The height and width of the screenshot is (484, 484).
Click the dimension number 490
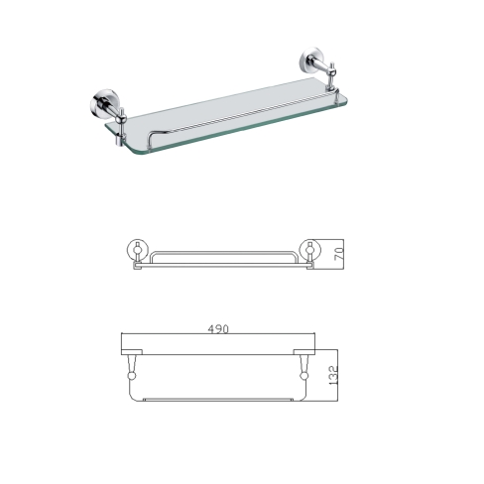point(218,329)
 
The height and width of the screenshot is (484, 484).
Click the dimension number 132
point(333,375)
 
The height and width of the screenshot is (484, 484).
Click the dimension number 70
point(339,254)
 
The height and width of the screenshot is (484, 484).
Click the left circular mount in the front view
point(138,250)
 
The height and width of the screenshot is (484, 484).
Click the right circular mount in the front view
point(309,250)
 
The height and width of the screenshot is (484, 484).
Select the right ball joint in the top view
point(303,376)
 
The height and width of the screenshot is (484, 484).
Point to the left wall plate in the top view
point(132,352)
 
